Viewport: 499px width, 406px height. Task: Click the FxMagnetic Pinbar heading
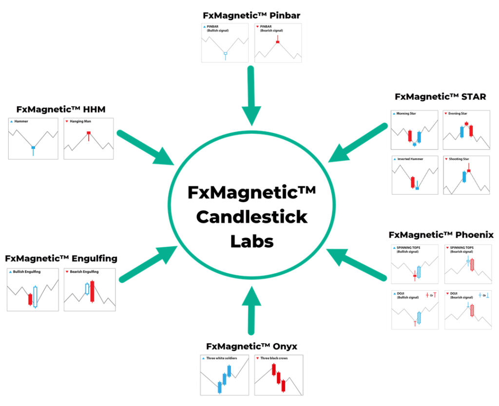click(x=251, y=16)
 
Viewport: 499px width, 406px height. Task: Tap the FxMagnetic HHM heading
click(x=61, y=110)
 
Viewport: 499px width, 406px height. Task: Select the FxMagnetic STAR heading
click(x=441, y=97)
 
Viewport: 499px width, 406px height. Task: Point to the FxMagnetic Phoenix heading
click(x=441, y=235)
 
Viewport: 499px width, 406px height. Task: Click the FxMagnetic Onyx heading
click(x=251, y=346)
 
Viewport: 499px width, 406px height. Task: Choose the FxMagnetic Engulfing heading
click(x=61, y=258)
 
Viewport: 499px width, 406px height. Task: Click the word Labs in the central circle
click(x=252, y=241)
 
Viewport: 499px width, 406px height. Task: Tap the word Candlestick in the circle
click(x=252, y=217)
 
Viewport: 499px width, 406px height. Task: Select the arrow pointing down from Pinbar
click(x=251, y=95)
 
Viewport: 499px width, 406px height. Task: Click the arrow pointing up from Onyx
click(x=251, y=310)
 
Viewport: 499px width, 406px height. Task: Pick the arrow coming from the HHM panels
click(x=146, y=148)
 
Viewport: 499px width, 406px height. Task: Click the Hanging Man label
click(x=80, y=121)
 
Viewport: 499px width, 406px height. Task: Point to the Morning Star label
click(x=406, y=113)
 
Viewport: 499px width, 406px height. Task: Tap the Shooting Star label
click(x=459, y=159)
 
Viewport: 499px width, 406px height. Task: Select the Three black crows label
click(x=274, y=358)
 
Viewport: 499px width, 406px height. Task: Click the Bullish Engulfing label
click(x=27, y=272)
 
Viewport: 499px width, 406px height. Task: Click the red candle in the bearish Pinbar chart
click(x=277, y=39)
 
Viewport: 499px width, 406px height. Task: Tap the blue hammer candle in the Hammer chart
click(x=33, y=150)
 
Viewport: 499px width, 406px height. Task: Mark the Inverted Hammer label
click(x=410, y=159)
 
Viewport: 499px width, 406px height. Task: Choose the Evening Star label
click(x=458, y=113)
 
